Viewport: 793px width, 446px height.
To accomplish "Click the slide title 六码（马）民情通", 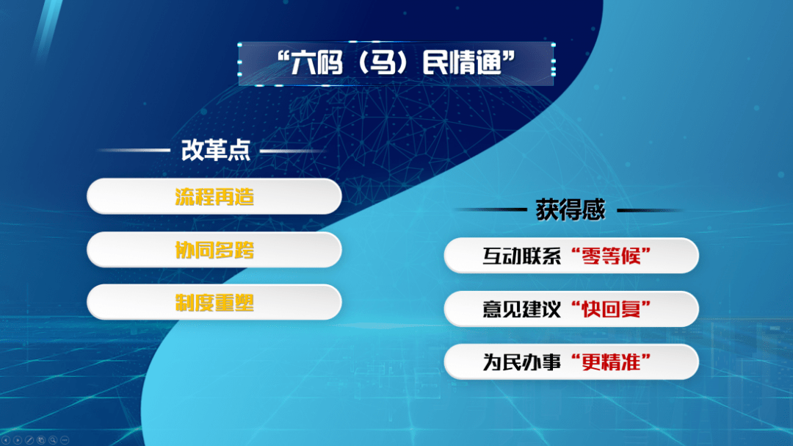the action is pyautogui.click(x=396, y=62).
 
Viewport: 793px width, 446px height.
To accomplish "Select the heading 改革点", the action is pyautogui.click(x=216, y=151).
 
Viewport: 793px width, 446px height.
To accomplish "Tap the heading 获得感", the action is pyautogui.click(x=571, y=209).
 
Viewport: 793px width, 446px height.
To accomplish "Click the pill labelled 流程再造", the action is pyautogui.click(x=214, y=196).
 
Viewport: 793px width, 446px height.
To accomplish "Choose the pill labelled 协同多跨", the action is pyautogui.click(x=214, y=250).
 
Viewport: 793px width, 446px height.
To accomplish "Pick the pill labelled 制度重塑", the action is pyautogui.click(x=214, y=302).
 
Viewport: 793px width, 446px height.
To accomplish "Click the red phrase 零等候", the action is pyautogui.click(x=611, y=256).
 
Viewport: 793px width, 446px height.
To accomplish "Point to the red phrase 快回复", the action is pyautogui.click(x=611, y=309).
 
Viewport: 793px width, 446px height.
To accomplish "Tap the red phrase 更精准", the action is pyautogui.click(x=611, y=362).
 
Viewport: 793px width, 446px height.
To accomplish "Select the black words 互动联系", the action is pyautogui.click(x=522, y=256).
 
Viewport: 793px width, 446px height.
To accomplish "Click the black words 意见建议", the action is pyautogui.click(x=522, y=309).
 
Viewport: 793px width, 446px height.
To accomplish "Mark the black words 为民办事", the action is pyautogui.click(x=522, y=362).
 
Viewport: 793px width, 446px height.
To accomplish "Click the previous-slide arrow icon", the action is pyautogui.click(x=6, y=440).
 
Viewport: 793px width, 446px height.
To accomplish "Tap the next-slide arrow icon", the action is pyautogui.click(x=18, y=440).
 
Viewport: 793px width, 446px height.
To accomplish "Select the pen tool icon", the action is pyautogui.click(x=29, y=440).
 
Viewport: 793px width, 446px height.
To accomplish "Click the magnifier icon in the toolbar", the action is pyautogui.click(x=53, y=440).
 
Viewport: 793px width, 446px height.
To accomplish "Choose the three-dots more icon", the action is pyautogui.click(x=64, y=440).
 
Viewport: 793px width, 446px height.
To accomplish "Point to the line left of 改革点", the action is pyautogui.click(x=134, y=151).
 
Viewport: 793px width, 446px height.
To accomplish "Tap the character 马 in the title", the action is pyautogui.click(x=383, y=62).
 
